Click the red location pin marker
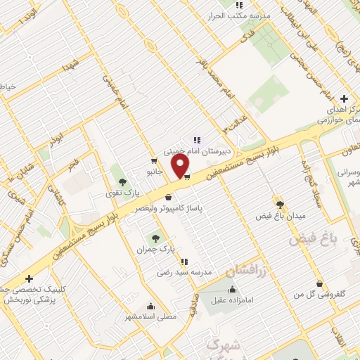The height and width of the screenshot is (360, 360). [181, 165]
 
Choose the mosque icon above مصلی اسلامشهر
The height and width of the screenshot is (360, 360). [150, 306]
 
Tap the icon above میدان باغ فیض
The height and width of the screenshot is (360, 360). [279, 204]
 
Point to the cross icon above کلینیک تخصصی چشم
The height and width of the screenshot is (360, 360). [29, 278]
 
